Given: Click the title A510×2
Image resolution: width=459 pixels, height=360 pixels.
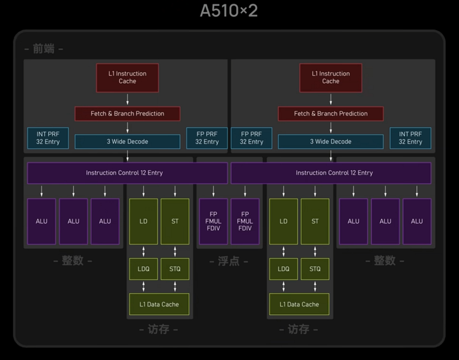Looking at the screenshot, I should tap(229, 11).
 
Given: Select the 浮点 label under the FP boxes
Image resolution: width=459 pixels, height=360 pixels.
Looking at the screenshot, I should tap(229, 261).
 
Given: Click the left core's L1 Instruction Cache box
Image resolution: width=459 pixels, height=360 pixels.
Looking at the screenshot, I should tap(127, 78).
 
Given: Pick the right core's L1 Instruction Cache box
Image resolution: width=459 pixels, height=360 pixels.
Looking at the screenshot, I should tap(330, 78).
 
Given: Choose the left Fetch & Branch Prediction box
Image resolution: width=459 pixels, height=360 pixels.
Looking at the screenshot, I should tap(127, 114).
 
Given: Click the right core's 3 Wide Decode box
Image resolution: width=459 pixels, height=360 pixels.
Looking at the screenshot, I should tap(330, 142).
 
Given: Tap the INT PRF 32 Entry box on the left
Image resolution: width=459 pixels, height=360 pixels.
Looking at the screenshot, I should tap(48, 138).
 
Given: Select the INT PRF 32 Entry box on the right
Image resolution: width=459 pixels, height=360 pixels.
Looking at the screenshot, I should tap(410, 138).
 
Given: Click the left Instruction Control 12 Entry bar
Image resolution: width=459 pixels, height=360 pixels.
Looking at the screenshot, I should tap(124, 173).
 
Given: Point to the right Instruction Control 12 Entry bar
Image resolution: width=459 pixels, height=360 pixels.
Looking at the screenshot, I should tap(334, 173).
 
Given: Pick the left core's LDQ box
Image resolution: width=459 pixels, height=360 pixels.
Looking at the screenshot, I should tap(143, 269).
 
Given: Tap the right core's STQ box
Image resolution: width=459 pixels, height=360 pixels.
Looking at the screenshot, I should tap(315, 269).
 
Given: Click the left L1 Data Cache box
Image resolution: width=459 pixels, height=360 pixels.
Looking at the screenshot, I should tap(159, 304).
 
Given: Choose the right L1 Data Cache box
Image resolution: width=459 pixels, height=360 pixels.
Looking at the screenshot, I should tap(299, 304).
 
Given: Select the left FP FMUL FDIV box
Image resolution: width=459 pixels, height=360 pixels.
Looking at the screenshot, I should tap(213, 221).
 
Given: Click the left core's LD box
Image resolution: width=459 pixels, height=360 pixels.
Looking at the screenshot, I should tap(143, 221).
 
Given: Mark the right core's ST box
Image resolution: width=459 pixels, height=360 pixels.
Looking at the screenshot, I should tap(315, 221).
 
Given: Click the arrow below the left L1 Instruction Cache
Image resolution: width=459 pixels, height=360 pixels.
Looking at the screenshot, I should tap(127, 99).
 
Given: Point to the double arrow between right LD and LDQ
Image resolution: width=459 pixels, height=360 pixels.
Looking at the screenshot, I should tap(284, 252).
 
